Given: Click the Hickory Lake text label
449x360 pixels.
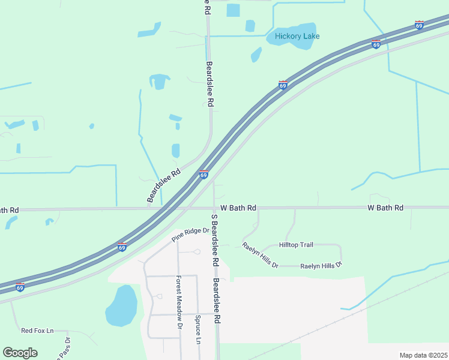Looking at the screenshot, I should tap(297, 36).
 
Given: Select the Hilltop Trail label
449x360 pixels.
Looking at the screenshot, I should tap(296, 245).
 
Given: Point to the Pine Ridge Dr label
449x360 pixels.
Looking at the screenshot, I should tap(189, 234).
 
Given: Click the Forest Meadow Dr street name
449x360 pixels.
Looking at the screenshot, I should tap(179, 302).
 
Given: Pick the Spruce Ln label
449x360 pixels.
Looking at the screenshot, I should tap(197, 329).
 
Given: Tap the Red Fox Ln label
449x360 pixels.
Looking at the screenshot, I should tap(37, 331).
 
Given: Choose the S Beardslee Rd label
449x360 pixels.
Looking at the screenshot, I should tap(215, 240).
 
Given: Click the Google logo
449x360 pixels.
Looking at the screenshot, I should tap(20, 353).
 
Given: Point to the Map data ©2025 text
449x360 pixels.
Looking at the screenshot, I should tap(423, 355).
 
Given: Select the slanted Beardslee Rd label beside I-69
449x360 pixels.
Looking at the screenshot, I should tap(163, 185).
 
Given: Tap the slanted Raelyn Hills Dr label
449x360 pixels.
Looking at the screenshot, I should tap(260, 255).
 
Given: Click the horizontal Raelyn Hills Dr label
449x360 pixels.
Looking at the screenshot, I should tap(321, 265).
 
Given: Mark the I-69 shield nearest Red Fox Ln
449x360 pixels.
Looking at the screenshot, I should tap(20, 287).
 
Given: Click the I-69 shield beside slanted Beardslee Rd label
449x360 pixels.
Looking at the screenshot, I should tap(203, 174).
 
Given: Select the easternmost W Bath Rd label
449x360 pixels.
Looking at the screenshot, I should tap(385, 208).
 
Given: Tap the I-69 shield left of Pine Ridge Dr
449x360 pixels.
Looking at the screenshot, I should tap(122, 247).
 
